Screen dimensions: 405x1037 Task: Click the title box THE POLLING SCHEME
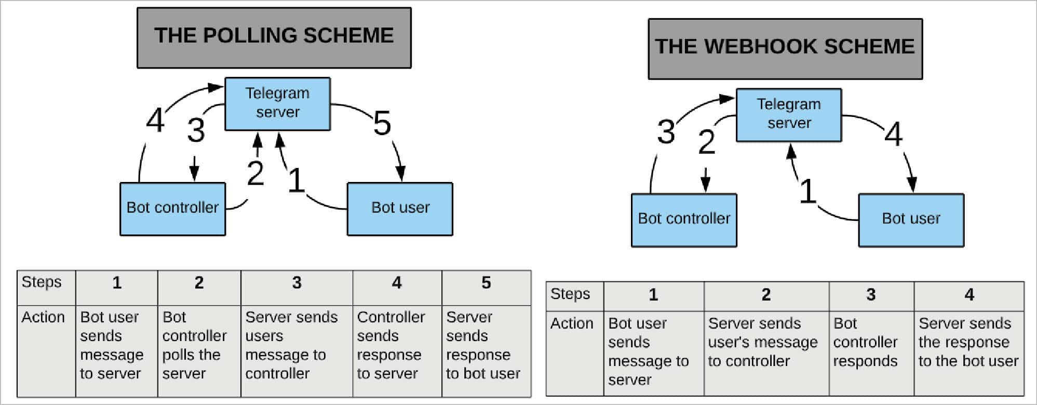[x=274, y=37]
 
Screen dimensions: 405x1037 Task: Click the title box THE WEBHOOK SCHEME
[x=785, y=48]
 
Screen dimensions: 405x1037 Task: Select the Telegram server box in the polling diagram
[x=277, y=103]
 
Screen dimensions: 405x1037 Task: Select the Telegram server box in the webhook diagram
[x=788, y=114]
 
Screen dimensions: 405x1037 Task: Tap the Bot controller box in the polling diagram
[x=172, y=208]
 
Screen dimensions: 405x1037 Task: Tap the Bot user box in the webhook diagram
[x=911, y=219]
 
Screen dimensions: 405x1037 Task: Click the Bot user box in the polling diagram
[x=400, y=208]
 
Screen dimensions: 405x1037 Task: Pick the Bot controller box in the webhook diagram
[x=683, y=219]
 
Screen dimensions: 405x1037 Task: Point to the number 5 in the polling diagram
[x=382, y=124]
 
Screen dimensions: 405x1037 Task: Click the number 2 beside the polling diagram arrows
[x=255, y=173]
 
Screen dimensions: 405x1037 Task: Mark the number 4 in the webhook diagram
[x=893, y=134]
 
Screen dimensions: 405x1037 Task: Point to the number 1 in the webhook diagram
[x=807, y=191]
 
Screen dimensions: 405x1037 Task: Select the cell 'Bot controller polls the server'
[x=194, y=345]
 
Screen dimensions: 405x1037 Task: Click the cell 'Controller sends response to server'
[x=390, y=345]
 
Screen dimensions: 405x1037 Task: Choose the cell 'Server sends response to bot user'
[x=482, y=345]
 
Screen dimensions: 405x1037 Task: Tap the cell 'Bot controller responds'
[x=865, y=342]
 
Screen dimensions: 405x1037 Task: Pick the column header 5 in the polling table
[x=486, y=283]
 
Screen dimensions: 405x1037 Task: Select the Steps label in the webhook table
[x=570, y=294]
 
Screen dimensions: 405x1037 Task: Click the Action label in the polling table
[x=43, y=317]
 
